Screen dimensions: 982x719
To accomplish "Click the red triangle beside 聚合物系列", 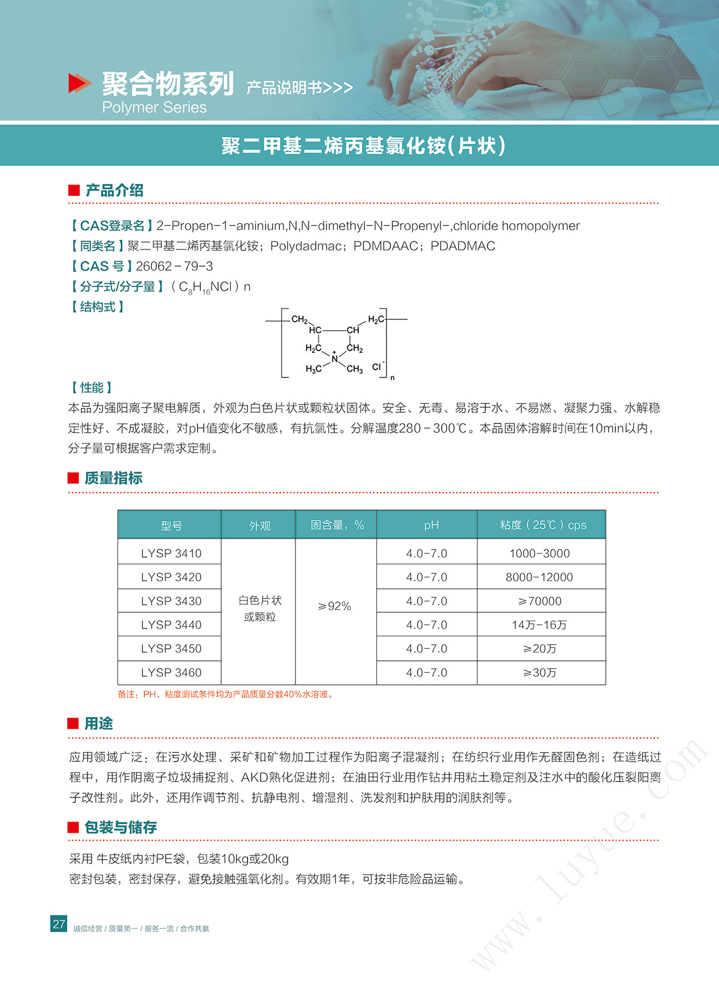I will (x=79, y=83).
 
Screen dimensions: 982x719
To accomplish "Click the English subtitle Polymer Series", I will (x=154, y=107).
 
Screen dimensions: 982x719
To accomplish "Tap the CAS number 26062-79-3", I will (x=174, y=266).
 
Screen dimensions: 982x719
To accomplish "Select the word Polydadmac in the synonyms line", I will (x=306, y=246).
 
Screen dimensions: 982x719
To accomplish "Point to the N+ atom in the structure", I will (x=334, y=358).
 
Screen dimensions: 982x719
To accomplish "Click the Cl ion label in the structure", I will (x=377, y=366).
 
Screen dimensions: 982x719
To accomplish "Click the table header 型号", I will (x=171, y=525).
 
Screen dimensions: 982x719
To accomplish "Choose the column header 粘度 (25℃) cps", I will (x=542, y=525).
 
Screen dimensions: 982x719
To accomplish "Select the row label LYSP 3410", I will (x=171, y=553).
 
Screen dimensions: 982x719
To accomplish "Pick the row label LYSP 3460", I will (x=171, y=672).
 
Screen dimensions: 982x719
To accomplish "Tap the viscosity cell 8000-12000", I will (x=539, y=577).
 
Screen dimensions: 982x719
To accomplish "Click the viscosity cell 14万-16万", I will (x=539, y=625).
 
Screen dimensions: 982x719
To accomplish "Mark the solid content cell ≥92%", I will (x=335, y=606).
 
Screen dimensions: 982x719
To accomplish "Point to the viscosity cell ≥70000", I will (x=539, y=601).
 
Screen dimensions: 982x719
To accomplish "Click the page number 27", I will (x=59, y=924).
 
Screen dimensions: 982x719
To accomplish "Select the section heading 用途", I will (x=98, y=724).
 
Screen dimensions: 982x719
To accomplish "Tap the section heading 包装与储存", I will (x=120, y=827).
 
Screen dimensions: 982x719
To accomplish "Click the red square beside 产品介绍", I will (x=74, y=191).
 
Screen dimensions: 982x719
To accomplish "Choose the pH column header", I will (x=431, y=525).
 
